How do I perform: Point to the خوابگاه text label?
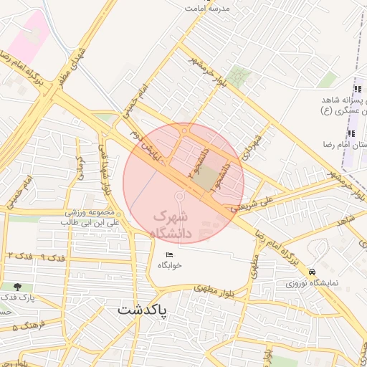pos(171,265)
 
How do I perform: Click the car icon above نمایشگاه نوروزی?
pos(312,272)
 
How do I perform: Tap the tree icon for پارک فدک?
pos(17,287)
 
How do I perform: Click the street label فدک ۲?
pos(19,256)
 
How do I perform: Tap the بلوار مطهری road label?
pos(214,289)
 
